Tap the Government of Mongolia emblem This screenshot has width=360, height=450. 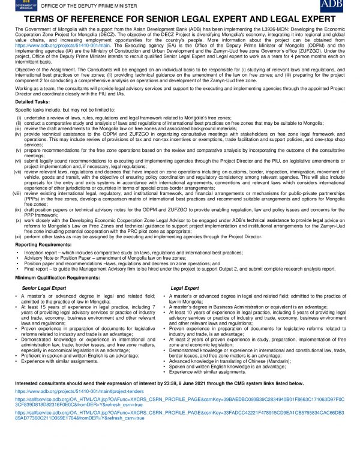click(14, 6)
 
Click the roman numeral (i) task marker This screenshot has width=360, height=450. click(19, 118)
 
